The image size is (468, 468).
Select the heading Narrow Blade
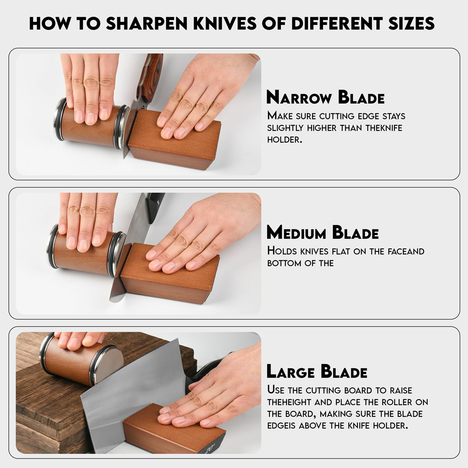(325, 97)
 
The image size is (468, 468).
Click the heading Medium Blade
(322, 232)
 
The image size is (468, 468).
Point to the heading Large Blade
(317, 371)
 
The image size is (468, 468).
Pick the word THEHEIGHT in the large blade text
(292, 402)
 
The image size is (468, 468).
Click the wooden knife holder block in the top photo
(175, 143)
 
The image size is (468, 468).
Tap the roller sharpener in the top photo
(89, 124)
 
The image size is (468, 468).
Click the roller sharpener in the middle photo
(84, 255)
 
